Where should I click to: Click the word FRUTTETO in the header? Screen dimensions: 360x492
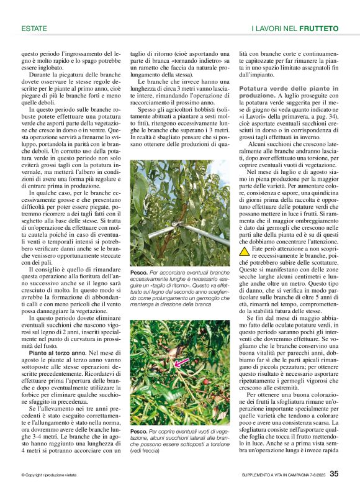[318, 29]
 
